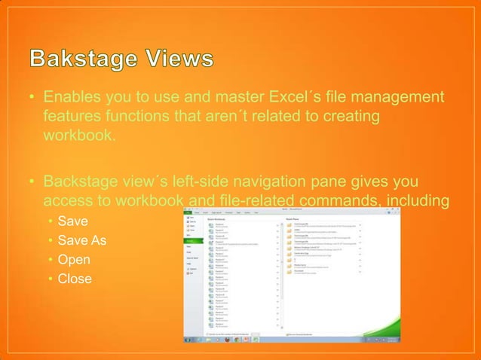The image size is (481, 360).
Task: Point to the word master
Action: click(212, 98)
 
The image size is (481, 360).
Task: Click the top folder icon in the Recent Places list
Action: click(289, 224)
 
